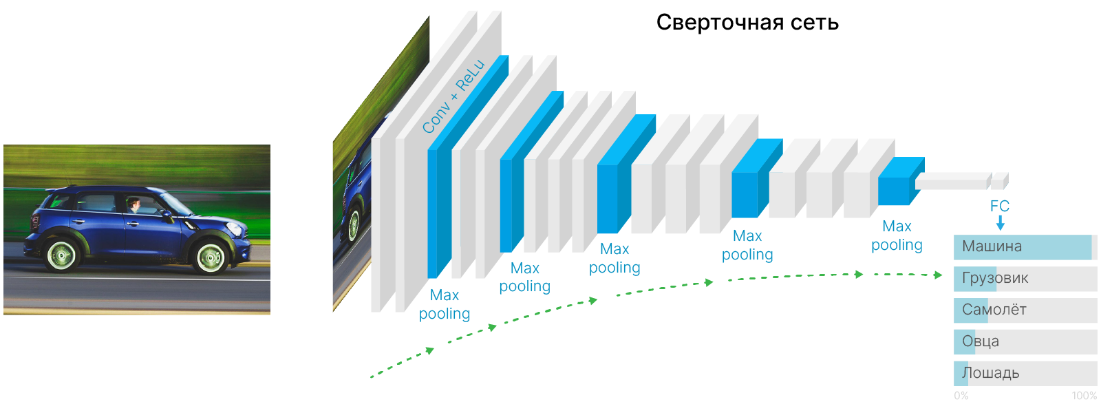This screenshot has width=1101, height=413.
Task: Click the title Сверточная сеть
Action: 747,23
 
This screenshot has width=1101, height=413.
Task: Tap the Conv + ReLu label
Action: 453,97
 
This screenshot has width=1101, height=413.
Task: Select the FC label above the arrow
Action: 999,206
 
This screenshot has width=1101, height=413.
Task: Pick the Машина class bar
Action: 1023,247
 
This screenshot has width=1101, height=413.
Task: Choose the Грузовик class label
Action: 995,279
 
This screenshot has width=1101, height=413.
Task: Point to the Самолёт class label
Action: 994,310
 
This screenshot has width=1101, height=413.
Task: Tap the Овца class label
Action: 981,341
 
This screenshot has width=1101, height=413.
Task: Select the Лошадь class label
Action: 990,373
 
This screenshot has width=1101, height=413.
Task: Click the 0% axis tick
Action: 961,396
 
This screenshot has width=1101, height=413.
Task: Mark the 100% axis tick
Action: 1084,396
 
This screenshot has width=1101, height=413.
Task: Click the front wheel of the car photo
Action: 210,257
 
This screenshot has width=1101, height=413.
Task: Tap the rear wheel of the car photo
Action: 61,255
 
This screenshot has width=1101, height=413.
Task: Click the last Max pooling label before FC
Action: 897,235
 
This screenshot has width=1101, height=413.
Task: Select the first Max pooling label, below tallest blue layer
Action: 445,304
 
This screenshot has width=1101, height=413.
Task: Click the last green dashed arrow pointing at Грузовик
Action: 908,275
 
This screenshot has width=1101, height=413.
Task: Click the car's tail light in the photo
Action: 35,222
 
